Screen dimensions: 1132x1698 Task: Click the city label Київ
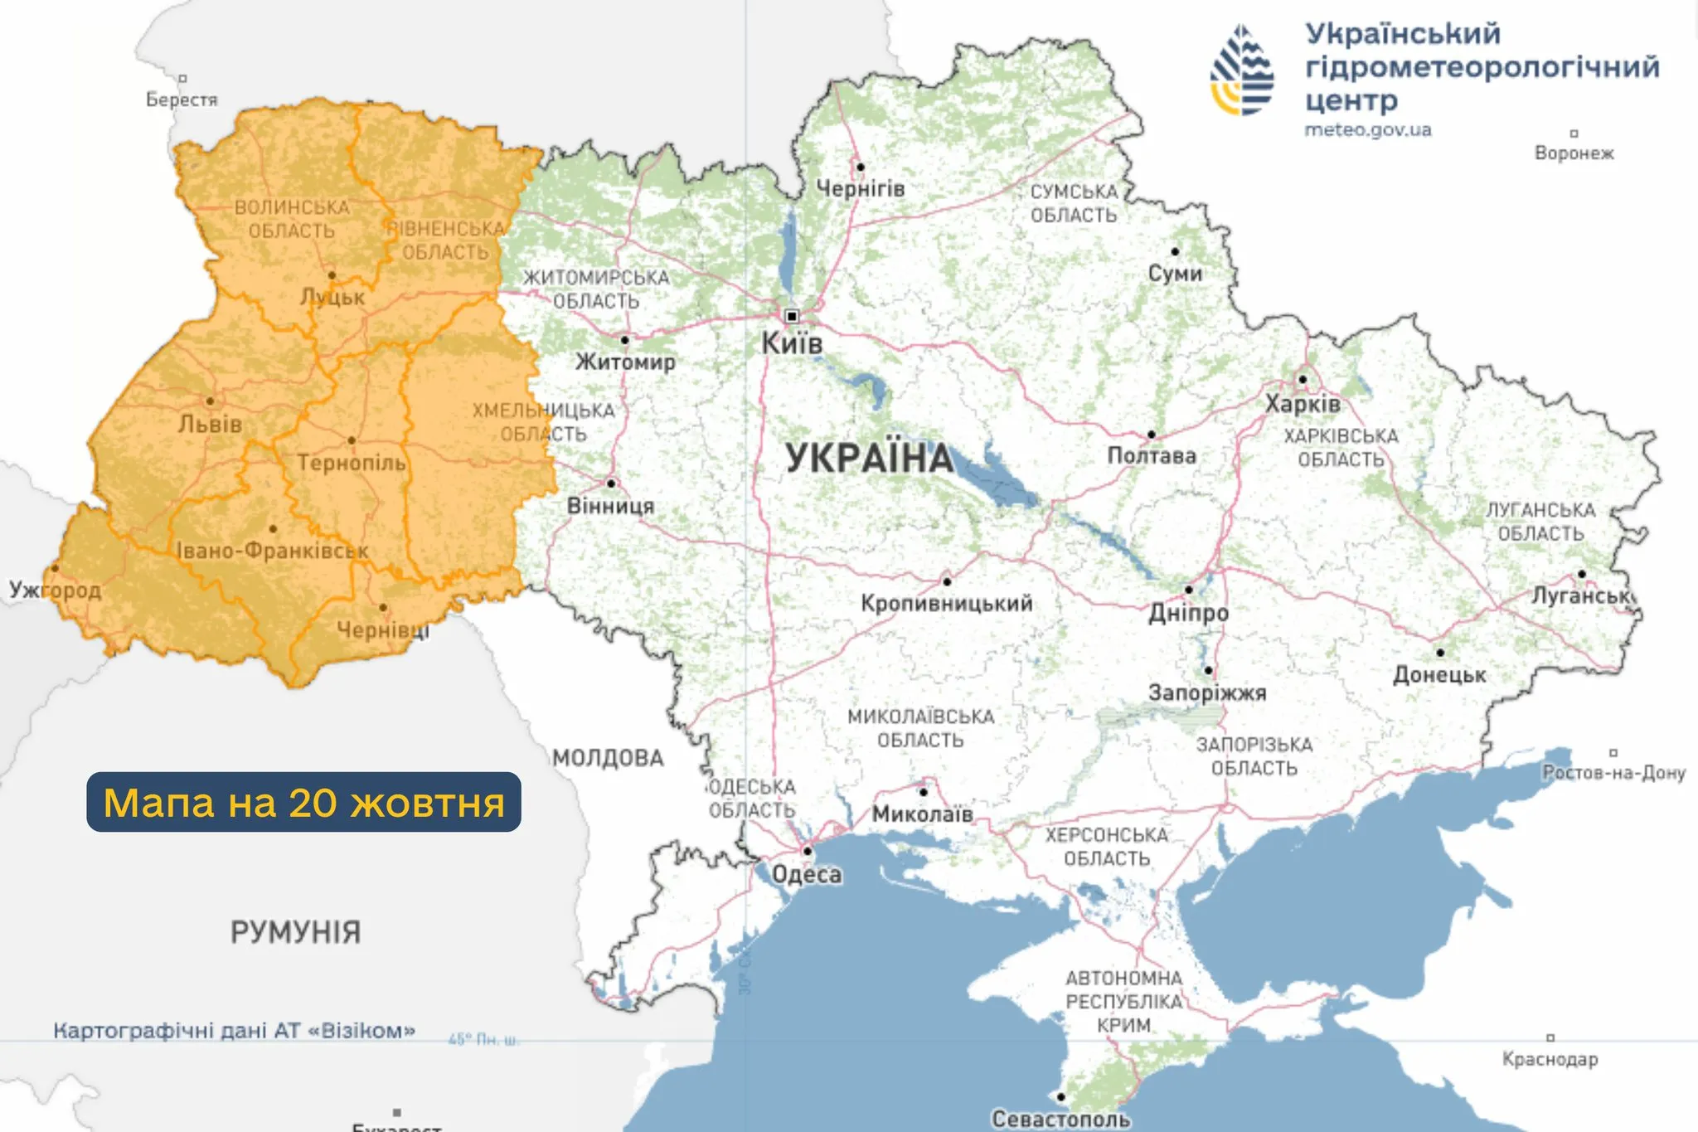click(792, 343)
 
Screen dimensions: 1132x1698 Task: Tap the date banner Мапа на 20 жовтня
click(303, 802)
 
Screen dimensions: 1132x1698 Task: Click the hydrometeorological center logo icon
click(1241, 70)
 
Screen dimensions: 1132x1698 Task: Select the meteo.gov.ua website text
click(1367, 130)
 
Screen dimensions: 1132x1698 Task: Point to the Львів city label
click(211, 424)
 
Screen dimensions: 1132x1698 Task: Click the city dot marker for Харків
click(1302, 379)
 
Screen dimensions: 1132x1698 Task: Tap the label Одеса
click(807, 874)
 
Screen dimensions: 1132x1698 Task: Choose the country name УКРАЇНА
click(869, 458)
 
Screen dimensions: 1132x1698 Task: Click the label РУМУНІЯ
click(295, 932)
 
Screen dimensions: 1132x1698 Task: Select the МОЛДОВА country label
click(609, 758)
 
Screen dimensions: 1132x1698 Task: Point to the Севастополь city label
click(1061, 1119)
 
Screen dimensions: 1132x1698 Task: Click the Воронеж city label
click(1574, 153)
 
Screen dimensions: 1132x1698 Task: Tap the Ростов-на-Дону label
click(1613, 773)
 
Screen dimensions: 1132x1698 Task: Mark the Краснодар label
click(1550, 1059)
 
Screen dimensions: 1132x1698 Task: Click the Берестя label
click(182, 100)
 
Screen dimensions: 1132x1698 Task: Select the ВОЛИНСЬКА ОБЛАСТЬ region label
click(292, 218)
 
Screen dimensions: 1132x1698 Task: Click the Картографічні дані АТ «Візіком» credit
click(234, 1031)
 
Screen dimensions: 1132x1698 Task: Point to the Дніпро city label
click(1188, 613)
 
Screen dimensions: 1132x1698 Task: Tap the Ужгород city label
click(55, 590)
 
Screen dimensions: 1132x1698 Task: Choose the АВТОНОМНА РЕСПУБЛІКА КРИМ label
click(1123, 1001)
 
